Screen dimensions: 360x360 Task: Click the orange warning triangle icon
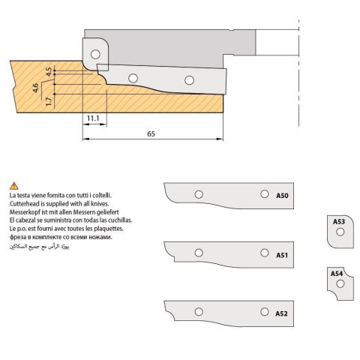coord(14,186)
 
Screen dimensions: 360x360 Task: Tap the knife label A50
coord(282,196)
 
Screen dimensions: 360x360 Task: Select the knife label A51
coord(282,255)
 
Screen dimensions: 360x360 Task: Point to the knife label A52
coord(281,313)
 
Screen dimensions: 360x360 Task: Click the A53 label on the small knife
coord(339,221)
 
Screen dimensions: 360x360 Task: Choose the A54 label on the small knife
coord(337,274)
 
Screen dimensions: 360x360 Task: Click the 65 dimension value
coord(151,134)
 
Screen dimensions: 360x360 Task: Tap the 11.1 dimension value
coord(93,118)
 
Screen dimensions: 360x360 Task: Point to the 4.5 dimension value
coord(49,72)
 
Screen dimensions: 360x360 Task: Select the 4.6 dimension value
coord(35,88)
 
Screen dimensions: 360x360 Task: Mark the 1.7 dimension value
coord(49,101)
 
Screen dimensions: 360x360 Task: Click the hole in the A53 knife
coord(340,232)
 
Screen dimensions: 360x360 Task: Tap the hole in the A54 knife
coord(340,283)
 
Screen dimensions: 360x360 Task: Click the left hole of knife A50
coord(199,194)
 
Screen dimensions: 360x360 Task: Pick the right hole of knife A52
coord(265,312)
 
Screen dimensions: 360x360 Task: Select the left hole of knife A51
coord(199,253)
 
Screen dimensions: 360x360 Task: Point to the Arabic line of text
coord(39,246)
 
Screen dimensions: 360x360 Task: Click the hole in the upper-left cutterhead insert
coord(95,54)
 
